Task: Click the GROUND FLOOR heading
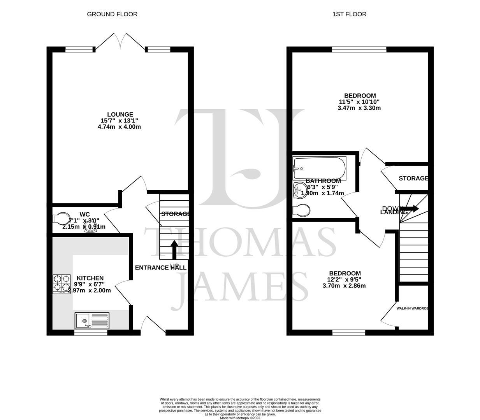point(112,14)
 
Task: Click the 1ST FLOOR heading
point(349,14)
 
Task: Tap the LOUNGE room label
point(120,114)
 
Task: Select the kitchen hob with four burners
point(62,284)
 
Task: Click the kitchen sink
point(92,321)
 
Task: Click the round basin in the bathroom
point(300,190)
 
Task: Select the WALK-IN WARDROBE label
point(412,308)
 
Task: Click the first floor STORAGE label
point(413,178)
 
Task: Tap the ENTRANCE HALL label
point(160,268)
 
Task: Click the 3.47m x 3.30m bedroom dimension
point(359,108)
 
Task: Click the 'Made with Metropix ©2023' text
point(240,418)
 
